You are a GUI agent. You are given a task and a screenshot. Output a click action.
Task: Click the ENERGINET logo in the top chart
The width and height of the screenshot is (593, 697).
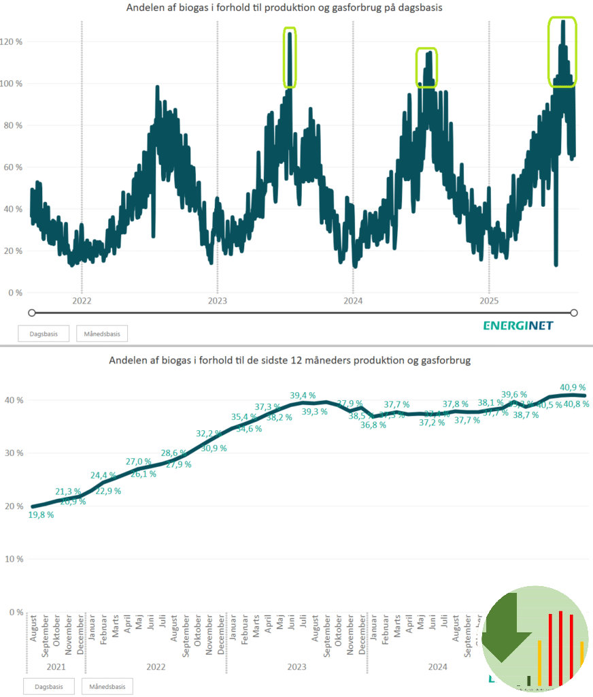tap(518, 325)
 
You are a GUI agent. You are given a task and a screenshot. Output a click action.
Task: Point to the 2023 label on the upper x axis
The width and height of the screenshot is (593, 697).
tap(218, 300)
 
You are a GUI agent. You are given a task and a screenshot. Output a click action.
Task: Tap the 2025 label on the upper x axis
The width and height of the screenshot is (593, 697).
tap(489, 300)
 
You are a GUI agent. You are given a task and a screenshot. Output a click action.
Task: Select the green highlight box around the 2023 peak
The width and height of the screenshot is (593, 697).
tap(290, 58)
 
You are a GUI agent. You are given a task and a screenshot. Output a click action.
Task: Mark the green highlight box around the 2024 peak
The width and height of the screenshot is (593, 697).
tap(427, 67)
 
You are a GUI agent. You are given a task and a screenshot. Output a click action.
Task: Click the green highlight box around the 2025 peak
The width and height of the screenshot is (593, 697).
tap(562, 52)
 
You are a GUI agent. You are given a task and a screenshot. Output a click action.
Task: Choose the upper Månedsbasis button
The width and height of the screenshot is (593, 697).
tap(102, 334)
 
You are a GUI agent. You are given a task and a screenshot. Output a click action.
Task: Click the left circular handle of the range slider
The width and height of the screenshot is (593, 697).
tap(31, 312)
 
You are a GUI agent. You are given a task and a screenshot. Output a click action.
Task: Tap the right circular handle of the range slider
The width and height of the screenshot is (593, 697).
tap(574, 312)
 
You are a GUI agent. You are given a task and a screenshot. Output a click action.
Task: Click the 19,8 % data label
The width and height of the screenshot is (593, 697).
tap(41, 515)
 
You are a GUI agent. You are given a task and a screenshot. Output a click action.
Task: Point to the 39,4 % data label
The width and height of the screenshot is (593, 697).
tap(303, 395)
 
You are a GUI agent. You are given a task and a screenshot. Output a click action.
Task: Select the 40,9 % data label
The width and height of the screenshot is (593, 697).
tap(573, 388)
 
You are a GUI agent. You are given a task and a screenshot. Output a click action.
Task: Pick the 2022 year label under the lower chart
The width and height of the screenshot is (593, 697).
tap(156, 668)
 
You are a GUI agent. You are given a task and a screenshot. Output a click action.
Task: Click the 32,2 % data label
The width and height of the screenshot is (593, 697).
tap(209, 434)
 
